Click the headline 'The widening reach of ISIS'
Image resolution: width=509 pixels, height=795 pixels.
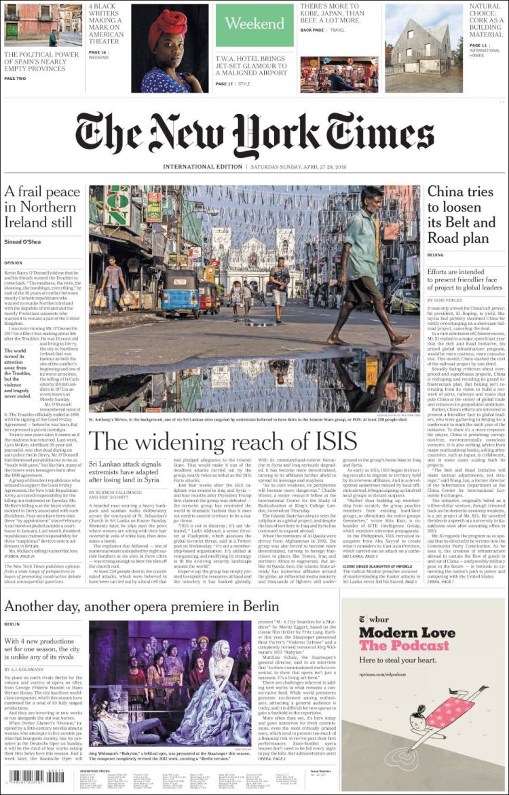[223, 442]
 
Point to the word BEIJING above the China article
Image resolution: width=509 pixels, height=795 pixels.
[436, 255]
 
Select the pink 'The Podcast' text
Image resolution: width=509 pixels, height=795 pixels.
[404, 646]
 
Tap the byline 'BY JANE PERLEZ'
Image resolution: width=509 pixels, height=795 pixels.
[446, 300]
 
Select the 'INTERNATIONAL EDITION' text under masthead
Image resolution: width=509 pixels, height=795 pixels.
[202, 167]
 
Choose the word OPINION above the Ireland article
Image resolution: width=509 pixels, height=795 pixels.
[14, 262]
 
